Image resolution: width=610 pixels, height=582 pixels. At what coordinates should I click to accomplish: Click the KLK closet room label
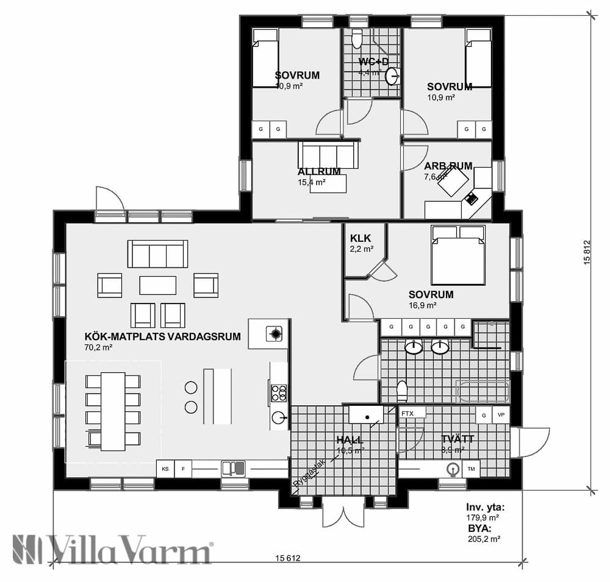361,238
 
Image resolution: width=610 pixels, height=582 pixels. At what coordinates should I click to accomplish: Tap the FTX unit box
407,413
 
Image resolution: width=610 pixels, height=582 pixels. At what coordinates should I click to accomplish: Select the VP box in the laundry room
501,414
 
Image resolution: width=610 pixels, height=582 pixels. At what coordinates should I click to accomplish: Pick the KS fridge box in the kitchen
165,469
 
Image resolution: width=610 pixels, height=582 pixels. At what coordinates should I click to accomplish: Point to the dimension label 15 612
288,558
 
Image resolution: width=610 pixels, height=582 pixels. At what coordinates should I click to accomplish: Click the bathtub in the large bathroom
483,391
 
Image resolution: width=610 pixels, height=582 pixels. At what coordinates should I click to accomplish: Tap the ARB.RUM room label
448,166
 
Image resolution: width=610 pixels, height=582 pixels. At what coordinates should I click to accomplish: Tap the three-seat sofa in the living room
157,254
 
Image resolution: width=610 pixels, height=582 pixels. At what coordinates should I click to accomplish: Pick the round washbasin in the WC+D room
393,76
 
